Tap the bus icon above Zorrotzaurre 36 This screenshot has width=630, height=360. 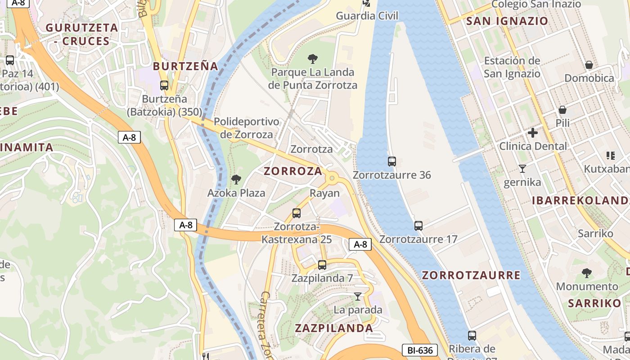click(392, 161)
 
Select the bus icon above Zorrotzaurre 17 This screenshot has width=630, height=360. click(418, 225)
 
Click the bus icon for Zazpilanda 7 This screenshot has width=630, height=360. click(322, 265)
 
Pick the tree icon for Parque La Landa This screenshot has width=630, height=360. click(312, 58)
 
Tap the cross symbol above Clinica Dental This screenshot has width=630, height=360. click(533, 133)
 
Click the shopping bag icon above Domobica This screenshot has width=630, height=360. click(589, 65)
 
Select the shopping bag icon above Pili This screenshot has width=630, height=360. click(562, 110)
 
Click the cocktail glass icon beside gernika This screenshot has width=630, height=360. click(522, 169)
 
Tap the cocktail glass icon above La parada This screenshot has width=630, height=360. click(358, 296)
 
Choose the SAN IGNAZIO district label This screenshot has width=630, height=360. click(507, 21)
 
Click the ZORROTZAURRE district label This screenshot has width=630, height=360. click(471, 275)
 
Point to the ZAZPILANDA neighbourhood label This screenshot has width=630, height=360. click(334, 328)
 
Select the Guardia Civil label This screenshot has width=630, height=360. click(367, 16)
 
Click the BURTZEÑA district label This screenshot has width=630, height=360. click(185, 66)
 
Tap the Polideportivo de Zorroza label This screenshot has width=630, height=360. click(246, 128)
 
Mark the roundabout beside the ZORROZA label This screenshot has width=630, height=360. click(333, 178)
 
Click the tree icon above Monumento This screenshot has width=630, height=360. click(587, 273)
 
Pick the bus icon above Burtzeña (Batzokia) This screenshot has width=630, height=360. click(164, 85)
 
